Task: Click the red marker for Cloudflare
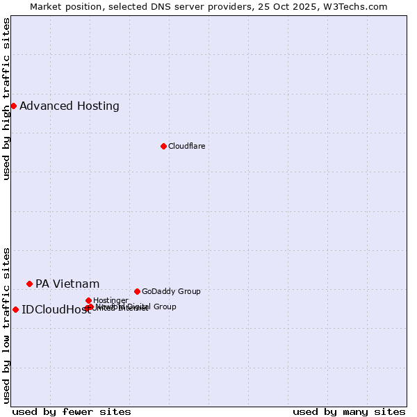point(163,146)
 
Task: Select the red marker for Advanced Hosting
point(13,106)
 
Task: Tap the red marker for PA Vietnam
point(29,284)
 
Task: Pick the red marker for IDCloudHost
point(15,309)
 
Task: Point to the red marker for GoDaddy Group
point(137,291)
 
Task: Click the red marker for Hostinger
point(88,300)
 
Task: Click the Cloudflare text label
point(186,146)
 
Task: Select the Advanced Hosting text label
point(69,106)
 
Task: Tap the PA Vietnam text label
point(67,284)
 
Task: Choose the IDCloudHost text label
point(56,310)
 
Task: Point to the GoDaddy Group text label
point(171,291)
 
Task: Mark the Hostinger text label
point(111,300)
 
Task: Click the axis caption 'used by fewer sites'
point(72,411)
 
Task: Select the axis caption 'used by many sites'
point(349,411)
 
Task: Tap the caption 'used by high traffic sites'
point(7,99)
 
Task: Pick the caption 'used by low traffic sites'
point(7,325)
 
